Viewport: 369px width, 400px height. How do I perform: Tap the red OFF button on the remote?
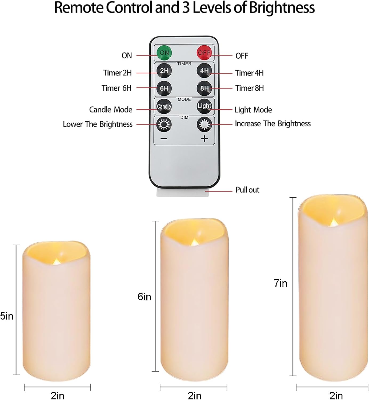(204, 53)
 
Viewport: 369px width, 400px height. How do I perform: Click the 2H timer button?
(164, 70)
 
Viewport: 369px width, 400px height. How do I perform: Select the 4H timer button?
(204, 70)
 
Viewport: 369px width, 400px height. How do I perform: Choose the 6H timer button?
(164, 88)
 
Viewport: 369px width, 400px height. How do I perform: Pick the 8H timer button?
(204, 88)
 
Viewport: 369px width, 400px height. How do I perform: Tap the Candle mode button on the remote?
(164, 106)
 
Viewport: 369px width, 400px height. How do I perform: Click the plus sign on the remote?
(204, 139)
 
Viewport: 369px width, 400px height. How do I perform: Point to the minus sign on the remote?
(164, 139)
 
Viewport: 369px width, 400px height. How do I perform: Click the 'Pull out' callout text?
(247, 190)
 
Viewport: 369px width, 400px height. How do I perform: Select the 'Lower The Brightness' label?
(98, 124)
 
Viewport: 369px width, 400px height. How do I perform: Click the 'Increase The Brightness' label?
(273, 124)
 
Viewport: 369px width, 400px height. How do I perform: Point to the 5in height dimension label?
(7, 316)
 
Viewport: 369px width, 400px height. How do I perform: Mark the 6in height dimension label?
(144, 297)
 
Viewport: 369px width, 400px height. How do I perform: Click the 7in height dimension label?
(280, 283)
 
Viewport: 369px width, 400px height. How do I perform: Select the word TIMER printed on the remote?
(184, 64)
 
